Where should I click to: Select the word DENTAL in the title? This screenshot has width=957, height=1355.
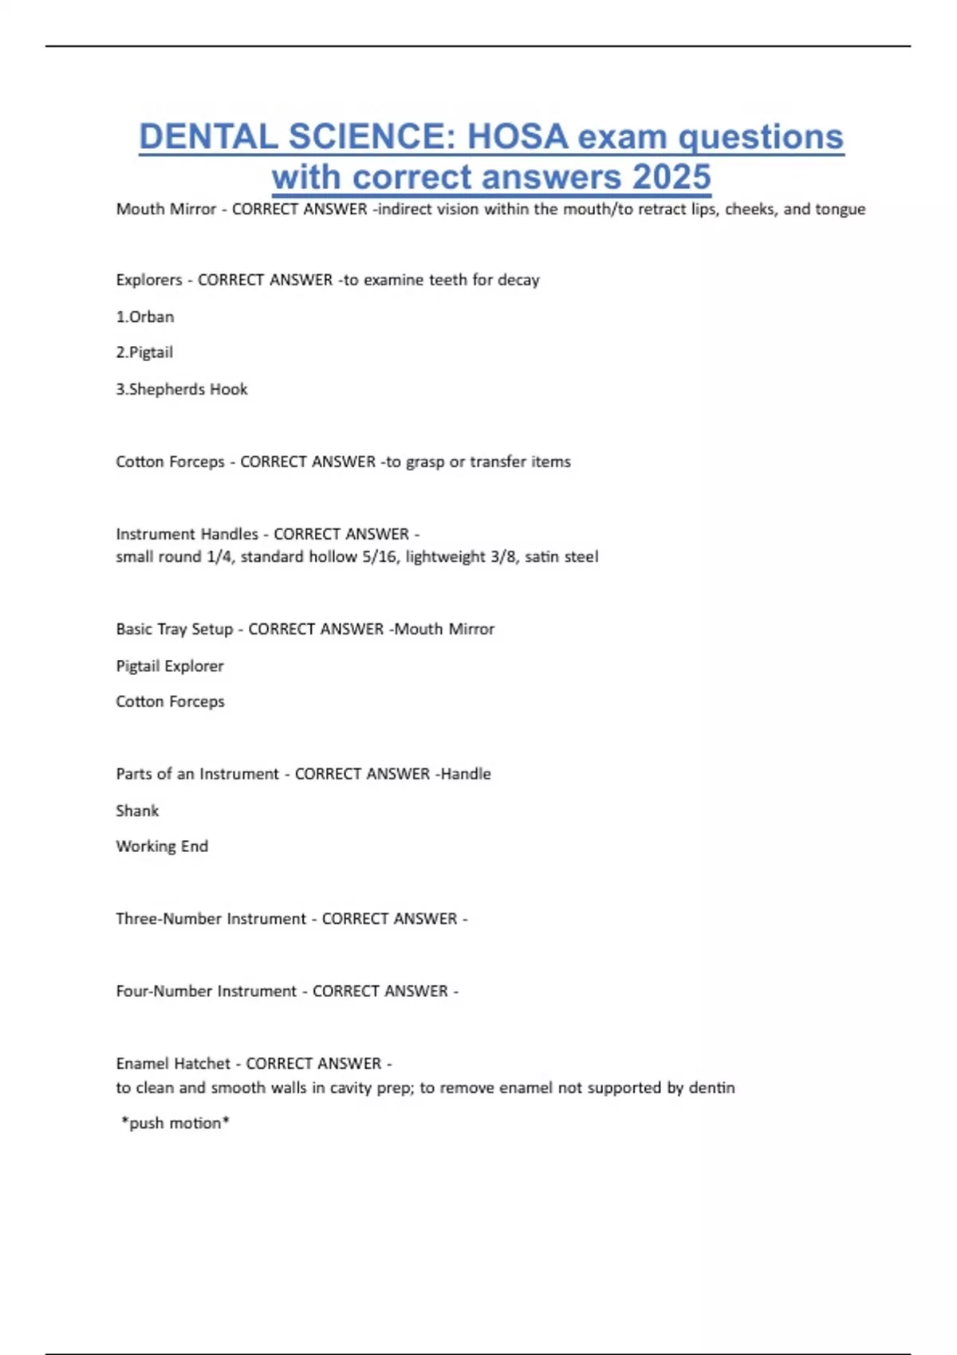point(207,136)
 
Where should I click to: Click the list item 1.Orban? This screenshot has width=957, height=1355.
point(144,316)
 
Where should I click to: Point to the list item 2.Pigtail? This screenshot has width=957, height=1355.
point(144,352)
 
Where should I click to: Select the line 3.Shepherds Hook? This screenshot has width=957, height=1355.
point(182,389)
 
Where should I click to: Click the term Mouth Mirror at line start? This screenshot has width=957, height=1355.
point(166,209)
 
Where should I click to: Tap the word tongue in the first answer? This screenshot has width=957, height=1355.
point(840,209)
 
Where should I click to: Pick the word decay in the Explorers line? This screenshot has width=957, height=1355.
point(518,280)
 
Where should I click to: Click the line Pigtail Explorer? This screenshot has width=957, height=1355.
point(170,666)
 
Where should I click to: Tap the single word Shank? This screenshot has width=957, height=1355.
point(137,811)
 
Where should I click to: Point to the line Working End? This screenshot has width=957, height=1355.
point(162,846)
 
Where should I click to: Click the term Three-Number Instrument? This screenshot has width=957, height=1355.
point(211,919)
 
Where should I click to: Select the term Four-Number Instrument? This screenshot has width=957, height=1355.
point(206,992)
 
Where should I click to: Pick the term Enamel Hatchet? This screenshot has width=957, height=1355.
point(173,1063)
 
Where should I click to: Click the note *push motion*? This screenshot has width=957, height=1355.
point(175,1123)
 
